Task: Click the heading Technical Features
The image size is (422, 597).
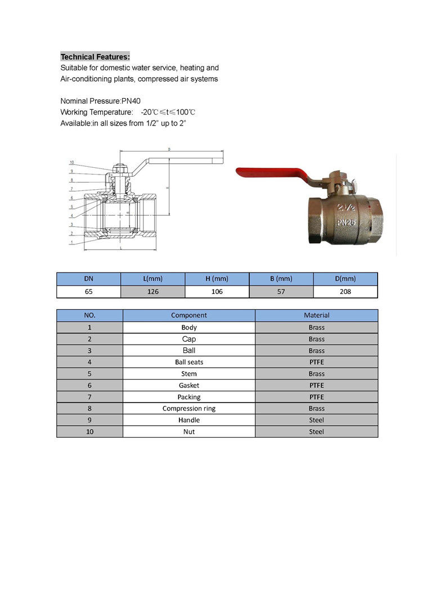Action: (x=95, y=57)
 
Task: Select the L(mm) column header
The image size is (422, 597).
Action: (x=153, y=279)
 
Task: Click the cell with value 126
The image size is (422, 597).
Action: (x=153, y=292)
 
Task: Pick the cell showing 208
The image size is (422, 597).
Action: (x=345, y=292)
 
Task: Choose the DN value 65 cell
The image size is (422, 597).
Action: (x=89, y=292)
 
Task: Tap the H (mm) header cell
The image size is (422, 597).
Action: (x=217, y=279)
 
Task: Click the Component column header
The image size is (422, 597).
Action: (x=189, y=315)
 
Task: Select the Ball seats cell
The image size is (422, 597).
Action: (x=189, y=362)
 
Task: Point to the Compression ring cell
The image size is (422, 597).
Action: (x=189, y=408)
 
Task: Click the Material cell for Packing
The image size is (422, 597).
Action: (x=316, y=397)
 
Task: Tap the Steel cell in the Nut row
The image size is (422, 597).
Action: (x=316, y=432)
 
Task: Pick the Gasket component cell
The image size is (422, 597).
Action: (x=189, y=385)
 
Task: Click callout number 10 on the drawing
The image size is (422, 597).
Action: (x=71, y=162)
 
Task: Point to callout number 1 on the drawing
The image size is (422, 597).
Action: (x=71, y=242)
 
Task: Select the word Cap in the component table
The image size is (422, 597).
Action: (x=189, y=339)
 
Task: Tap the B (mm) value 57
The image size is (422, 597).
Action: (x=281, y=292)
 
